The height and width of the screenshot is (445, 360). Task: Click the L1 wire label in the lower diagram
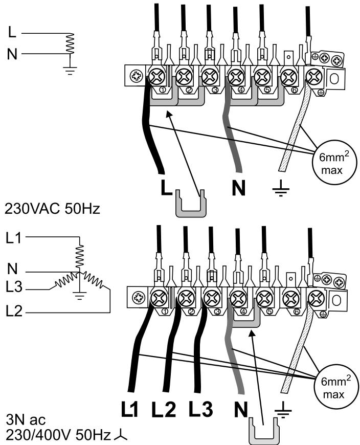pyautogui.click(x=129, y=409)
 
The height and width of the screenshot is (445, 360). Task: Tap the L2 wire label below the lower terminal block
pyautogui.click(x=164, y=409)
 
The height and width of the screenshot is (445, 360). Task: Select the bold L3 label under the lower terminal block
pyautogui.click(x=201, y=409)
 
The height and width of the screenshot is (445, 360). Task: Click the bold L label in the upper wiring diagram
pyautogui.click(x=166, y=188)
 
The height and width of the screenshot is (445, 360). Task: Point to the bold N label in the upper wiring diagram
pyautogui.click(x=239, y=188)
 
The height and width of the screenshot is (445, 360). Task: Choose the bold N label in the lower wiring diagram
pyautogui.click(x=241, y=409)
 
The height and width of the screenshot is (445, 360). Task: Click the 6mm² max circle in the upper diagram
pyautogui.click(x=334, y=164)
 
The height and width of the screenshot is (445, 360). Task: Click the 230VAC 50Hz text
pyautogui.click(x=52, y=209)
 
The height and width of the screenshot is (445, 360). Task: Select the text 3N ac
pyautogui.click(x=26, y=420)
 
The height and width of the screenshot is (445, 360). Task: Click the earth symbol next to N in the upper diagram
pyautogui.click(x=281, y=188)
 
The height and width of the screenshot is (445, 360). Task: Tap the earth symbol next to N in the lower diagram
pyautogui.click(x=283, y=410)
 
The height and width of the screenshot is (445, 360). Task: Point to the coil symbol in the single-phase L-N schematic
pyautogui.click(x=70, y=43)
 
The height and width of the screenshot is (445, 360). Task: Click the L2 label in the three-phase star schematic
pyautogui.click(x=14, y=311)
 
